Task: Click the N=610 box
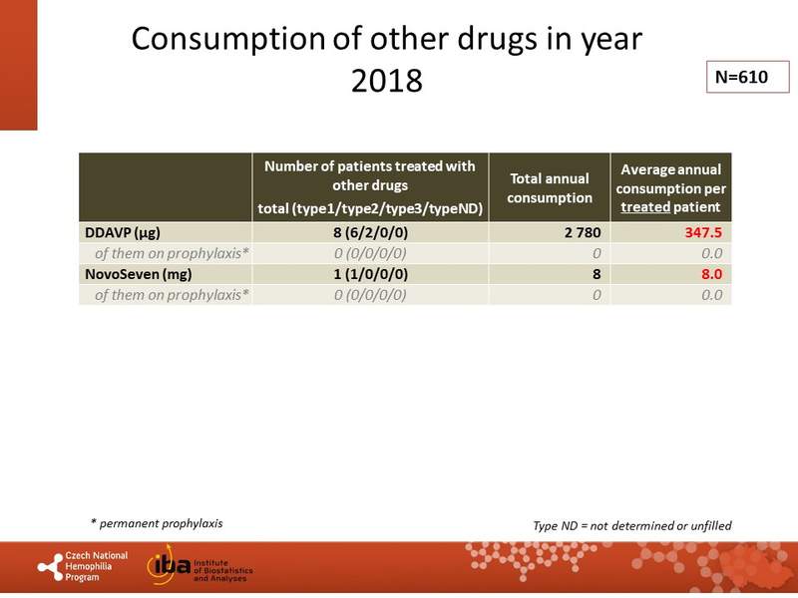[x=740, y=76]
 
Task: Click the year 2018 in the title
[x=387, y=81]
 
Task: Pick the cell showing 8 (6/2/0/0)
[x=369, y=232]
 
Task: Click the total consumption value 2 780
[x=573, y=232]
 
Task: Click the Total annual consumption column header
[x=551, y=187]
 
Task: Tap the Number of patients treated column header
[x=369, y=187]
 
